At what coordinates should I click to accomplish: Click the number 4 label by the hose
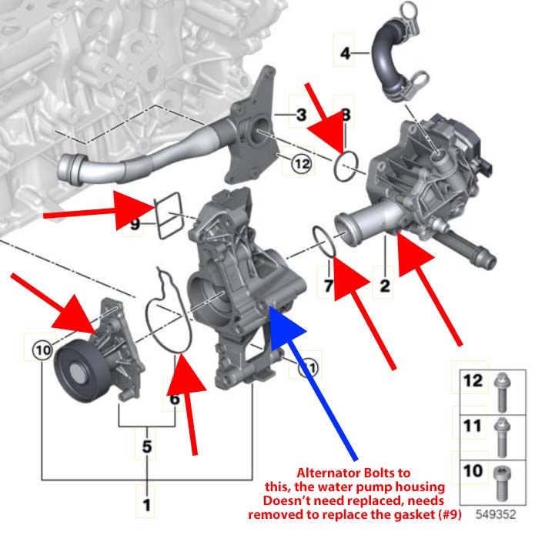345,53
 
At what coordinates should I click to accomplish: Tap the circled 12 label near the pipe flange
301,162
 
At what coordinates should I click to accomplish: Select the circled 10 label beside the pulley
42,351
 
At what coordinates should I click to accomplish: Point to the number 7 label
327,286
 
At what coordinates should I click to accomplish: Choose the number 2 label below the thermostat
385,286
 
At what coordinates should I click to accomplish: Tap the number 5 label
146,446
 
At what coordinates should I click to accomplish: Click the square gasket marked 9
172,219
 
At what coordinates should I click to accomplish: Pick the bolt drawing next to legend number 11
502,434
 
